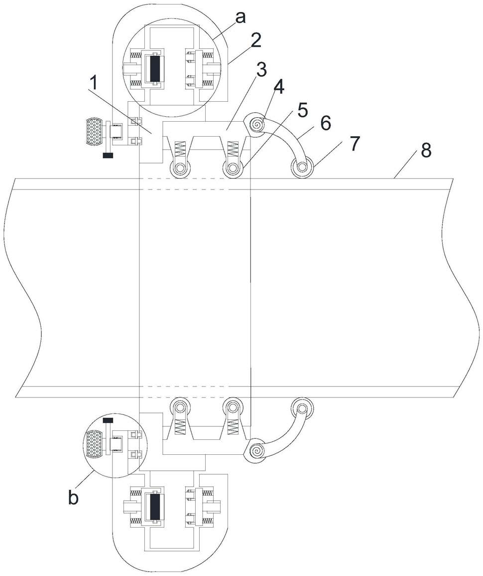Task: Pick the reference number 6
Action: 325,123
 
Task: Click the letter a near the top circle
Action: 241,17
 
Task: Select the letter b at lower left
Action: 73,498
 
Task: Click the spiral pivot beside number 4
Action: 255,123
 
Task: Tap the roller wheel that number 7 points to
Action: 302,169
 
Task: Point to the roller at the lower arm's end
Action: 302,407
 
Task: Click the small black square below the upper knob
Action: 108,155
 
